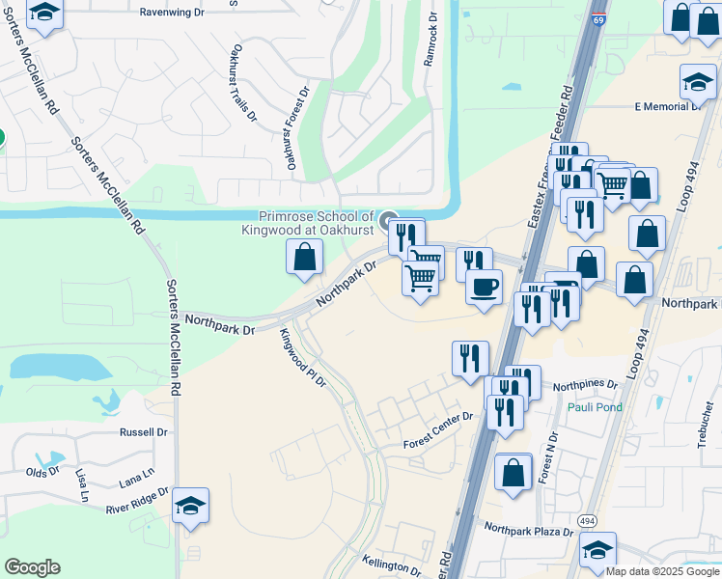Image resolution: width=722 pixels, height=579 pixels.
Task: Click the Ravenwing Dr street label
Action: pyautogui.click(x=173, y=13)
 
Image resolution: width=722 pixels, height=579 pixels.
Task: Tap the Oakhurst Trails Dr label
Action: pyautogui.click(x=243, y=83)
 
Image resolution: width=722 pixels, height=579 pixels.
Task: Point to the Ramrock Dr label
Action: pyautogui.click(x=430, y=41)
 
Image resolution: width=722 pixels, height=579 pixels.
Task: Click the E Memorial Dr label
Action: pyautogui.click(x=666, y=106)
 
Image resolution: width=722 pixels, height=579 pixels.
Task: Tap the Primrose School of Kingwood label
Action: pyautogui.click(x=314, y=223)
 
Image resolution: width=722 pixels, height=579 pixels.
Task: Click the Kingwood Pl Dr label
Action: pyautogui.click(x=303, y=358)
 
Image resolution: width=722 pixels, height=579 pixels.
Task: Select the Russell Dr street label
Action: pyautogui.click(x=143, y=432)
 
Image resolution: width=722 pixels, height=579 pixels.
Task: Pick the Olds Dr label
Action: pyautogui.click(x=42, y=472)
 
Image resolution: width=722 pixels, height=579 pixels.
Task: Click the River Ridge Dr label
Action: pyautogui.click(x=137, y=499)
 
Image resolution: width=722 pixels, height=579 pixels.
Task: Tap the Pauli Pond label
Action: pyautogui.click(x=595, y=407)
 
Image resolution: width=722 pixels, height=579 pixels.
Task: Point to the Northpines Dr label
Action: pyautogui.click(x=585, y=384)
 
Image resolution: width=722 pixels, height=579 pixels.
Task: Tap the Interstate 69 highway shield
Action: pyautogui.click(x=599, y=19)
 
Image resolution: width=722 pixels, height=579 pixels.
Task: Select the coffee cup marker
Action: pyautogui.click(x=484, y=286)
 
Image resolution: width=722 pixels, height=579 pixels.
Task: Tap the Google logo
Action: pyautogui.click(x=32, y=567)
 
